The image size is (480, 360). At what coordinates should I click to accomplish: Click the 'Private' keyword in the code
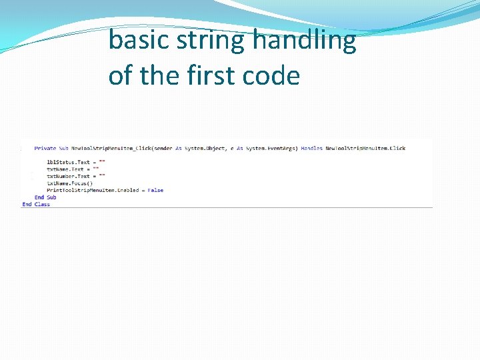point(45,148)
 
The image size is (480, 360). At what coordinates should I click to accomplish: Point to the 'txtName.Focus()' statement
point(70,183)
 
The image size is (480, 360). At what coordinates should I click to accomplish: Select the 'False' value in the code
point(155,191)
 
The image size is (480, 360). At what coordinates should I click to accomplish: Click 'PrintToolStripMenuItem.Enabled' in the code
point(93,191)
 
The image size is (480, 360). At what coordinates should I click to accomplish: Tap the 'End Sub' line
point(45,197)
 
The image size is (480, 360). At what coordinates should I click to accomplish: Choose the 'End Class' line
point(36,205)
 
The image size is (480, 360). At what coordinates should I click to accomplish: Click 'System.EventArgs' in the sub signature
point(271,148)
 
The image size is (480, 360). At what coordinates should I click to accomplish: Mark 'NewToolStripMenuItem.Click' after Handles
point(365,148)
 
